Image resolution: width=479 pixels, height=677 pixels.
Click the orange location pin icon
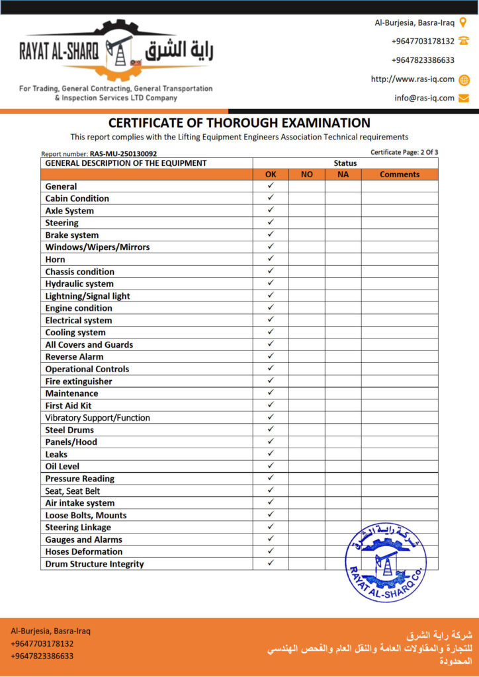point(463,22)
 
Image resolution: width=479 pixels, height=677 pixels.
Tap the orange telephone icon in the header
point(463,41)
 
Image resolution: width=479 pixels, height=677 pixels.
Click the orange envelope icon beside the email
point(463,98)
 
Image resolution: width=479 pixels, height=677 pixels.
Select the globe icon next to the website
point(463,79)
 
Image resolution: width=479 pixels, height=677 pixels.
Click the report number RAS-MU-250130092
point(123,154)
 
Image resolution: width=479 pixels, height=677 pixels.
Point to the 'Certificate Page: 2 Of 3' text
point(404,152)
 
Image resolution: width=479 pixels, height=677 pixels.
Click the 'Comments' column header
point(400,175)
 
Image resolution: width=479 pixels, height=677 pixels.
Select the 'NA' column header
point(343,175)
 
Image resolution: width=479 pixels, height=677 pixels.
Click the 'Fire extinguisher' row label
point(79,381)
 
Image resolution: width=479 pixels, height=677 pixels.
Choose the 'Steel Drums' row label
point(69,430)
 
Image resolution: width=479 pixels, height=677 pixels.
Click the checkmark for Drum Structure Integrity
point(271,563)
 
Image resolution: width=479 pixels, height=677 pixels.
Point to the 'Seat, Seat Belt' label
point(73,491)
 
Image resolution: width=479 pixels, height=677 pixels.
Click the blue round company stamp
point(386,561)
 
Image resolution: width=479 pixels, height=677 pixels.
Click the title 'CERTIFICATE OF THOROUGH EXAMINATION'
point(239,123)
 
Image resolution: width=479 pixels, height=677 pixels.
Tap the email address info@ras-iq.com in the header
point(425,98)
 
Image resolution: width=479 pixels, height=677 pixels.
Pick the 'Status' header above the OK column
point(345,163)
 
